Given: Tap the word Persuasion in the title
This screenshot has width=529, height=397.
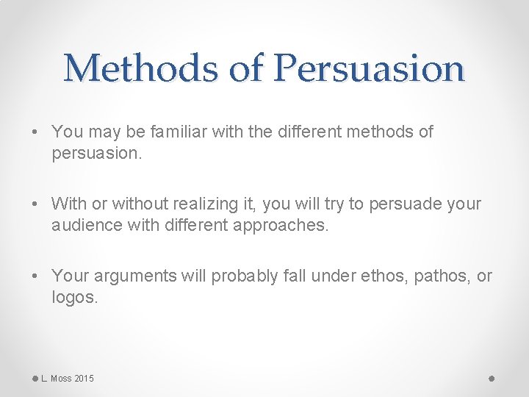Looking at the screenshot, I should (x=369, y=69).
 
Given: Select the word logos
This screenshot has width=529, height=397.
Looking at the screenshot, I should (x=73, y=297).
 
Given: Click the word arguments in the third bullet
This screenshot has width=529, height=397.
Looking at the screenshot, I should (x=132, y=276).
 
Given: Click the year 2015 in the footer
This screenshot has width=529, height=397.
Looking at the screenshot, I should (x=83, y=378).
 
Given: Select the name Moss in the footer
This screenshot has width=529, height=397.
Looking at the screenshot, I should (x=61, y=378).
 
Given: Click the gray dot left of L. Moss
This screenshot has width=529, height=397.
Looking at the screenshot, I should (x=35, y=378).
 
